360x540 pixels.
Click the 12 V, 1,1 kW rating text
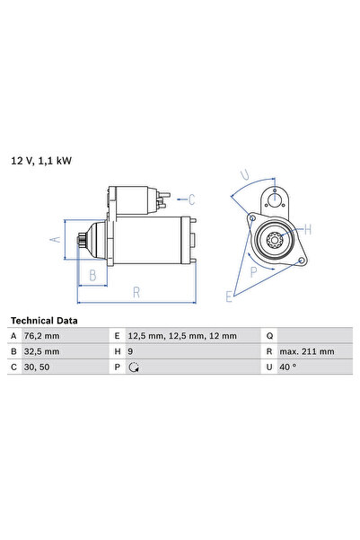click(x=41, y=161)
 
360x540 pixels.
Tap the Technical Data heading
click(x=44, y=321)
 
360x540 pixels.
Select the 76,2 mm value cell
click(x=41, y=336)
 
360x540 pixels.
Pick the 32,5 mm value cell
click(x=41, y=351)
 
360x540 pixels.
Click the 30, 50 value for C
click(x=37, y=367)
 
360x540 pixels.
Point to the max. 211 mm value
click(x=307, y=351)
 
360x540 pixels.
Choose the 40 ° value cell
click(x=287, y=367)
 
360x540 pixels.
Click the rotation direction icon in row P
click(x=134, y=367)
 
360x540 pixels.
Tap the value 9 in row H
click(x=130, y=351)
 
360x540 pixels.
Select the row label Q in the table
click(x=269, y=336)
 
